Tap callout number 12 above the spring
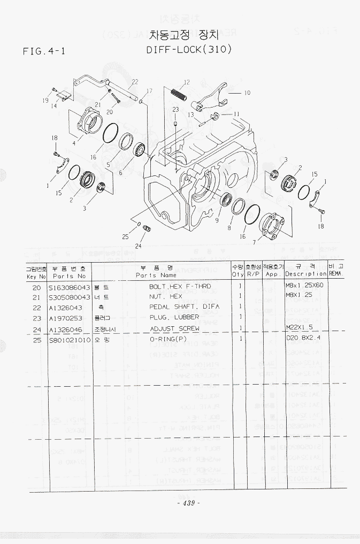[x=186, y=82]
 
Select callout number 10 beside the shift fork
[x=247, y=93]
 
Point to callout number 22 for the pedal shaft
[x=135, y=82]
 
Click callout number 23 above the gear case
[x=175, y=110]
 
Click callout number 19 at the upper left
[x=46, y=100]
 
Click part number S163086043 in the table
[x=70, y=287]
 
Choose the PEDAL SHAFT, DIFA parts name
[x=184, y=307]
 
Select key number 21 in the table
[x=37, y=297]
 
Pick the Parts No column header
[x=69, y=276]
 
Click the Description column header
[x=305, y=274]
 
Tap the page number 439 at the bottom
[x=188, y=503]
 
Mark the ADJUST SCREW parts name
[x=174, y=328]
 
